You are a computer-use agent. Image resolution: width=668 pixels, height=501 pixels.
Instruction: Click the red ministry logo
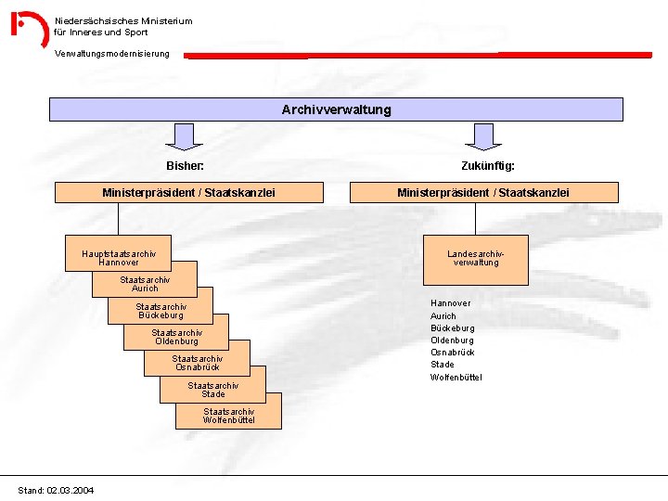point(29,29)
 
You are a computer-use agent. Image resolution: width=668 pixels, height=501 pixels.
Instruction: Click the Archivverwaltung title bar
point(336,109)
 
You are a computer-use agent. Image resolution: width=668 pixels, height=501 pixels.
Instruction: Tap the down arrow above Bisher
point(186,136)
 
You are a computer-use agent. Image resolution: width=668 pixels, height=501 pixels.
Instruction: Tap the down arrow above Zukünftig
point(483,136)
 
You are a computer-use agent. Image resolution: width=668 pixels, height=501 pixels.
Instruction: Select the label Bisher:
point(185,166)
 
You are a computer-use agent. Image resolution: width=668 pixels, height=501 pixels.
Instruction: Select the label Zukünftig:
point(488,166)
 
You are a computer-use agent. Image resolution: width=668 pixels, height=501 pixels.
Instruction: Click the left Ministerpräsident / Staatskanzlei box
point(188,192)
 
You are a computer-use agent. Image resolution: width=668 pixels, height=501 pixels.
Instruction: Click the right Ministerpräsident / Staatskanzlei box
point(483,192)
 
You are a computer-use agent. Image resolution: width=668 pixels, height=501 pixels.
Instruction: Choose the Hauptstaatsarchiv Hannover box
point(119,257)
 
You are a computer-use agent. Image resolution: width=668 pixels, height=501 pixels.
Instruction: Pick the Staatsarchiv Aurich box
point(145,283)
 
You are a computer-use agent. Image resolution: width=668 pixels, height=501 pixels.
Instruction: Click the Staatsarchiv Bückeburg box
point(161,310)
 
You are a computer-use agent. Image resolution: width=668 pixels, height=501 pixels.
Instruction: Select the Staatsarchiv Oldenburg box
point(176,336)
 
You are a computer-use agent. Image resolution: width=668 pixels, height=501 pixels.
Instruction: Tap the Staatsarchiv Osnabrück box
point(197,362)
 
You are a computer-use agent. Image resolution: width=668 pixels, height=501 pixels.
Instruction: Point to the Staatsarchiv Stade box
point(212,389)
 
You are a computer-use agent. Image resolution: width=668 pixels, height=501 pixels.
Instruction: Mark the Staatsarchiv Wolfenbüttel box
point(228,415)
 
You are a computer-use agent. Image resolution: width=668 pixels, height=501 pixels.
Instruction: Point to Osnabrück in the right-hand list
point(453,353)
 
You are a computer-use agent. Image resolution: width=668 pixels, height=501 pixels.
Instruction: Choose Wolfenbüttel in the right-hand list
point(456,377)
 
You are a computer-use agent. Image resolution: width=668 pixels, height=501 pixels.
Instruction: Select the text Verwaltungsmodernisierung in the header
point(112,54)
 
